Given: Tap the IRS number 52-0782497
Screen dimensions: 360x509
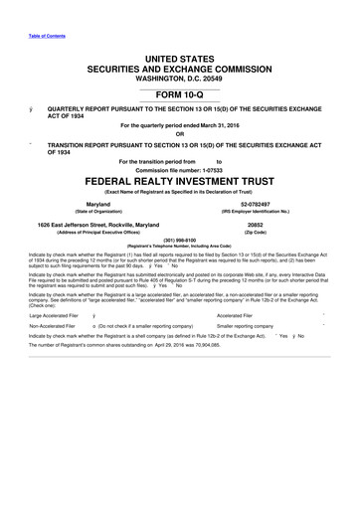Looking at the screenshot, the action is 268,204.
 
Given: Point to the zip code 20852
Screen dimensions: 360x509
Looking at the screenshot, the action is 268,226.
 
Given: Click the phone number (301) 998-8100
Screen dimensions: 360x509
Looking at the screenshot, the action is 179,238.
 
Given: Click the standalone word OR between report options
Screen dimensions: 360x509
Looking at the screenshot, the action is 179,135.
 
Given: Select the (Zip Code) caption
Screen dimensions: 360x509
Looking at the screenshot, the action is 268,233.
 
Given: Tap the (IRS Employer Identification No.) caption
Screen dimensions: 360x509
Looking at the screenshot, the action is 268,211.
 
